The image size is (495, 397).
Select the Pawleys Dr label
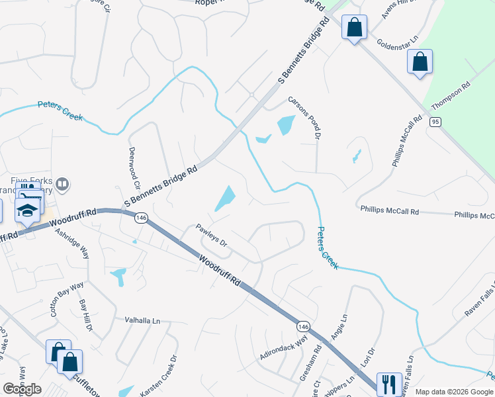[212, 236]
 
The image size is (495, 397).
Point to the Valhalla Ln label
[142, 320]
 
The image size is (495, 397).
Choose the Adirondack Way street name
[284, 347]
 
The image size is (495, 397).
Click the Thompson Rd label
[451, 95]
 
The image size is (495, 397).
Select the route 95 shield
[435, 122]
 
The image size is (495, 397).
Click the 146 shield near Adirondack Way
[303, 326]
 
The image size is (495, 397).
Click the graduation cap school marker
[27, 211]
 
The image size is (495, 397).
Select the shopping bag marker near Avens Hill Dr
[354, 27]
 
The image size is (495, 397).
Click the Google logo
[22, 388]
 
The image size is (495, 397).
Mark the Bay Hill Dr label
[85, 315]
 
